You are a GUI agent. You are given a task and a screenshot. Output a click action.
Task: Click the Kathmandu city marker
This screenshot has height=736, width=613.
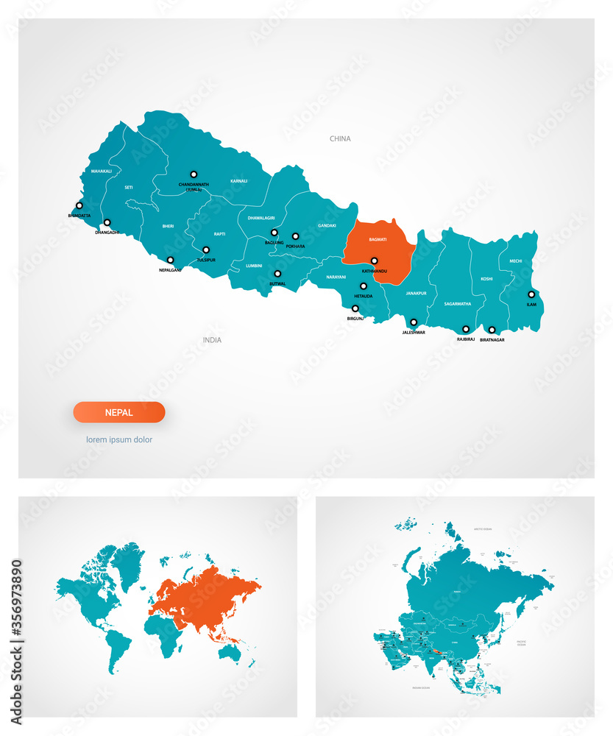click(x=374, y=261)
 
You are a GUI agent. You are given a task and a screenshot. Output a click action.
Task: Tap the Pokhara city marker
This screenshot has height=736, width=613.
click(x=295, y=236)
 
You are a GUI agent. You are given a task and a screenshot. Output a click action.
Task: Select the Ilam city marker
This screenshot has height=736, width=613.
click(x=531, y=294)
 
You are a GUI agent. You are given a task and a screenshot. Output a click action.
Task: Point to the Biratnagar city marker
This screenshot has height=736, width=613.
click(x=492, y=330)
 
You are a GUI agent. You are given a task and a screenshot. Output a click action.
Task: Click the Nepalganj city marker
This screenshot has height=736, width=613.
click(x=170, y=260)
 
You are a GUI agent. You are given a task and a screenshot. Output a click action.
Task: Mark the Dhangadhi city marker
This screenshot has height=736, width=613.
click(x=107, y=222)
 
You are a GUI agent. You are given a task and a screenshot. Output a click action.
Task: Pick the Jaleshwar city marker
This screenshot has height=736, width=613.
click(x=414, y=322)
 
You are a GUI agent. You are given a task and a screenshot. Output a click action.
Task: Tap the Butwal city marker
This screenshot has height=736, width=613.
click(x=277, y=274)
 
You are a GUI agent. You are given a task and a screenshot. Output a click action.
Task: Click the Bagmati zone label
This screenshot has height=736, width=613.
click(x=378, y=240)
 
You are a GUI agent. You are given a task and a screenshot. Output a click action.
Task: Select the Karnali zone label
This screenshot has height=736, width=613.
click(x=238, y=180)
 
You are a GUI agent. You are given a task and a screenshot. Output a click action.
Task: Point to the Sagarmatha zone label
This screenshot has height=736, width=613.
click(x=458, y=303)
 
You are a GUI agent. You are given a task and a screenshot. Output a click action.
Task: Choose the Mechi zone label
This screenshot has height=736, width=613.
click(x=515, y=261)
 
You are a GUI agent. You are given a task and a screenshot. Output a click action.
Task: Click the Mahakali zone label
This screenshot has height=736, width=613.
click(x=102, y=171)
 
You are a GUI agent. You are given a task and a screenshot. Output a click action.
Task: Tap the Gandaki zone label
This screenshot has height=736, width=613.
click(x=327, y=225)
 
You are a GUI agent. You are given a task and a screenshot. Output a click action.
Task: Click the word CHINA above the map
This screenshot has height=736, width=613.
click(x=340, y=138)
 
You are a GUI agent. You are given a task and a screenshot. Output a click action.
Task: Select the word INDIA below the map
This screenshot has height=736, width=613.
click(x=212, y=340)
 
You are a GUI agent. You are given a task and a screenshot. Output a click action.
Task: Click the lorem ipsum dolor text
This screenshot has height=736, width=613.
click(x=119, y=439)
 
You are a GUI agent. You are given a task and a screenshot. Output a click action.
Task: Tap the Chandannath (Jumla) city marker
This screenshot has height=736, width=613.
click(x=194, y=174)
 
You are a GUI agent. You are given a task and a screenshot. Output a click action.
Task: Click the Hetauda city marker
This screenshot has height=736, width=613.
click(x=364, y=286)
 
